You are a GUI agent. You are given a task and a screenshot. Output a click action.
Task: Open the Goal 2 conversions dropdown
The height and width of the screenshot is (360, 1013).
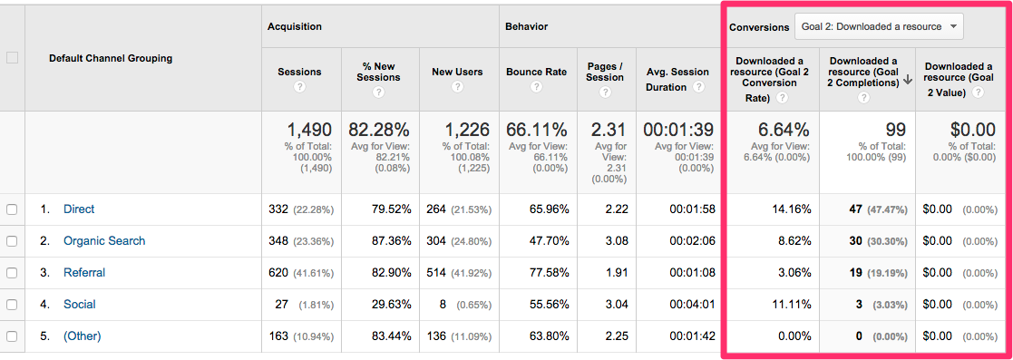point(879,27)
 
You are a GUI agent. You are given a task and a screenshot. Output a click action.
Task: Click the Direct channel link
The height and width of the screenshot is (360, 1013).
point(79,209)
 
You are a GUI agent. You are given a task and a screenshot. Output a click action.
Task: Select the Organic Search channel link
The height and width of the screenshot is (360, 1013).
point(104,241)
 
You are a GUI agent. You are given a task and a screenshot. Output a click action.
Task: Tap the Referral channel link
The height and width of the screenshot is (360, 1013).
point(84,273)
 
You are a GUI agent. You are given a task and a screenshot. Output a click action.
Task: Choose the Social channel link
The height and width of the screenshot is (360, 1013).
point(80,305)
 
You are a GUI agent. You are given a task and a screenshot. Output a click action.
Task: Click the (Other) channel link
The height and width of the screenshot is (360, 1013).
point(83,336)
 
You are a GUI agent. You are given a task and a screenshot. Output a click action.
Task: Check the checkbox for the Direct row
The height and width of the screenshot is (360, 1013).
point(12,209)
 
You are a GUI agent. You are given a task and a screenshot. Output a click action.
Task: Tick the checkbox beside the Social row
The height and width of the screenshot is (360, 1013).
point(12,305)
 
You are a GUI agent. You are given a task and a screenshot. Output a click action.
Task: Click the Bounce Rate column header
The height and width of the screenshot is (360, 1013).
point(536,72)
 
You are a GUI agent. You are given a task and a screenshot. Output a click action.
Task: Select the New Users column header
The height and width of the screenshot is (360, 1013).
point(457,72)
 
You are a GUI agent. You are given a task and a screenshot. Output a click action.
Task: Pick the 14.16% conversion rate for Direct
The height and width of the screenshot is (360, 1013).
point(790,209)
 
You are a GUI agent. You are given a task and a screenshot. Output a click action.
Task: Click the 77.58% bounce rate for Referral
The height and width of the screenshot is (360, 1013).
point(550,273)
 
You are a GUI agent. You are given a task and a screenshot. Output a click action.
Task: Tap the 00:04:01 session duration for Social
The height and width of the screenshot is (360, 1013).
point(694,305)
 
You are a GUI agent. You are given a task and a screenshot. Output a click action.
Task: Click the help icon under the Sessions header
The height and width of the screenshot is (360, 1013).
point(299,87)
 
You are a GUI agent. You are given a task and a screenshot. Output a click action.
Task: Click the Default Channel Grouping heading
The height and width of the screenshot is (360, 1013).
point(111,58)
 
